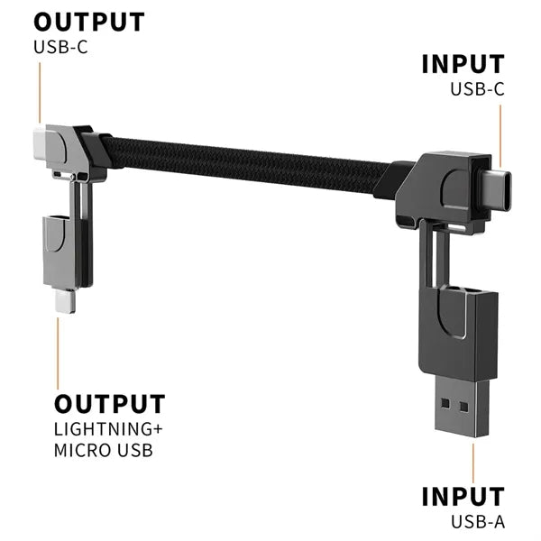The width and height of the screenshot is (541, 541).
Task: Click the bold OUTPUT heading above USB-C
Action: tap(89, 22)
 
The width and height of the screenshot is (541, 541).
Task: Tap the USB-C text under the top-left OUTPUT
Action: tap(60, 47)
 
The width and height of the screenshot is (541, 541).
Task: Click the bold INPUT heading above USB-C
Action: tap(463, 64)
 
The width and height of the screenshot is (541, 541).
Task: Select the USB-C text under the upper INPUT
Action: tap(478, 89)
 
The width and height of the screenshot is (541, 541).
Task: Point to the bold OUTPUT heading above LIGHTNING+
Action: tap(110, 404)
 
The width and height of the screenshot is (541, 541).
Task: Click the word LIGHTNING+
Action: tap(108, 429)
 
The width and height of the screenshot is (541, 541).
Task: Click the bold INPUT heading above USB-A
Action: tap(463, 497)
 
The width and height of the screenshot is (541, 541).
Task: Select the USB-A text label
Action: tap(478, 522)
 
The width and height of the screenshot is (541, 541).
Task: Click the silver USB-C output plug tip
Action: tap(40, 144)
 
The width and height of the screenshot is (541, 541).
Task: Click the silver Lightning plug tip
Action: tap(65, 301)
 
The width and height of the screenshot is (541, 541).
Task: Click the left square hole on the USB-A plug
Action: tap(445, 403)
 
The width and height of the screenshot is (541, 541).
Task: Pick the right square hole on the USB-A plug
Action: tap(464, 408)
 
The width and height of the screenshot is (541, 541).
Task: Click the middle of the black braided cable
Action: tap(247, 165)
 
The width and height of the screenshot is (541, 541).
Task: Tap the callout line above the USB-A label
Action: tap(473, 463)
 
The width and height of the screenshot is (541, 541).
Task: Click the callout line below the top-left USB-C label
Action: tap(40, 93)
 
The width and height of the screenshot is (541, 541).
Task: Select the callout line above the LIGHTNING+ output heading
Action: tap(58, 353)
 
